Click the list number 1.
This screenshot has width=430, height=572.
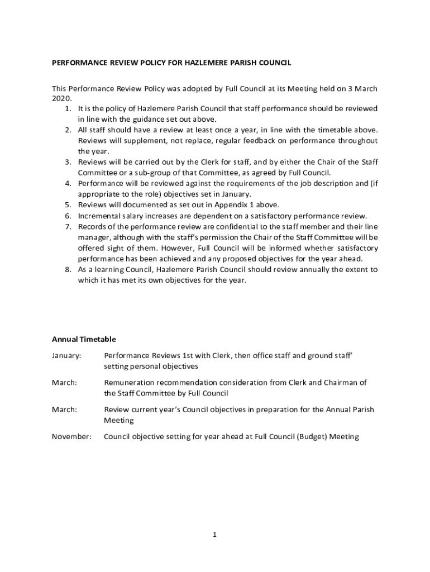pyautogui.click(x=68, y=108)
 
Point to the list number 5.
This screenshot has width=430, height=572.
pyautogui.click(x=68, y=205)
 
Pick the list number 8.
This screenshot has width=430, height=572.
pyautogui.click(x=68, y=270)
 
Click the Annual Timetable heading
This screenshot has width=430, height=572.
pyautogui.click(x=84, y=339)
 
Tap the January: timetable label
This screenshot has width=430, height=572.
pyautogui.click(x=66, y=355)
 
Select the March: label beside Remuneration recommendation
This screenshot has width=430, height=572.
pyautogui.click(x=64, y=383)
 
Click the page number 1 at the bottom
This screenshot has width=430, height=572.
pyautogui.click(x=214, y=535)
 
